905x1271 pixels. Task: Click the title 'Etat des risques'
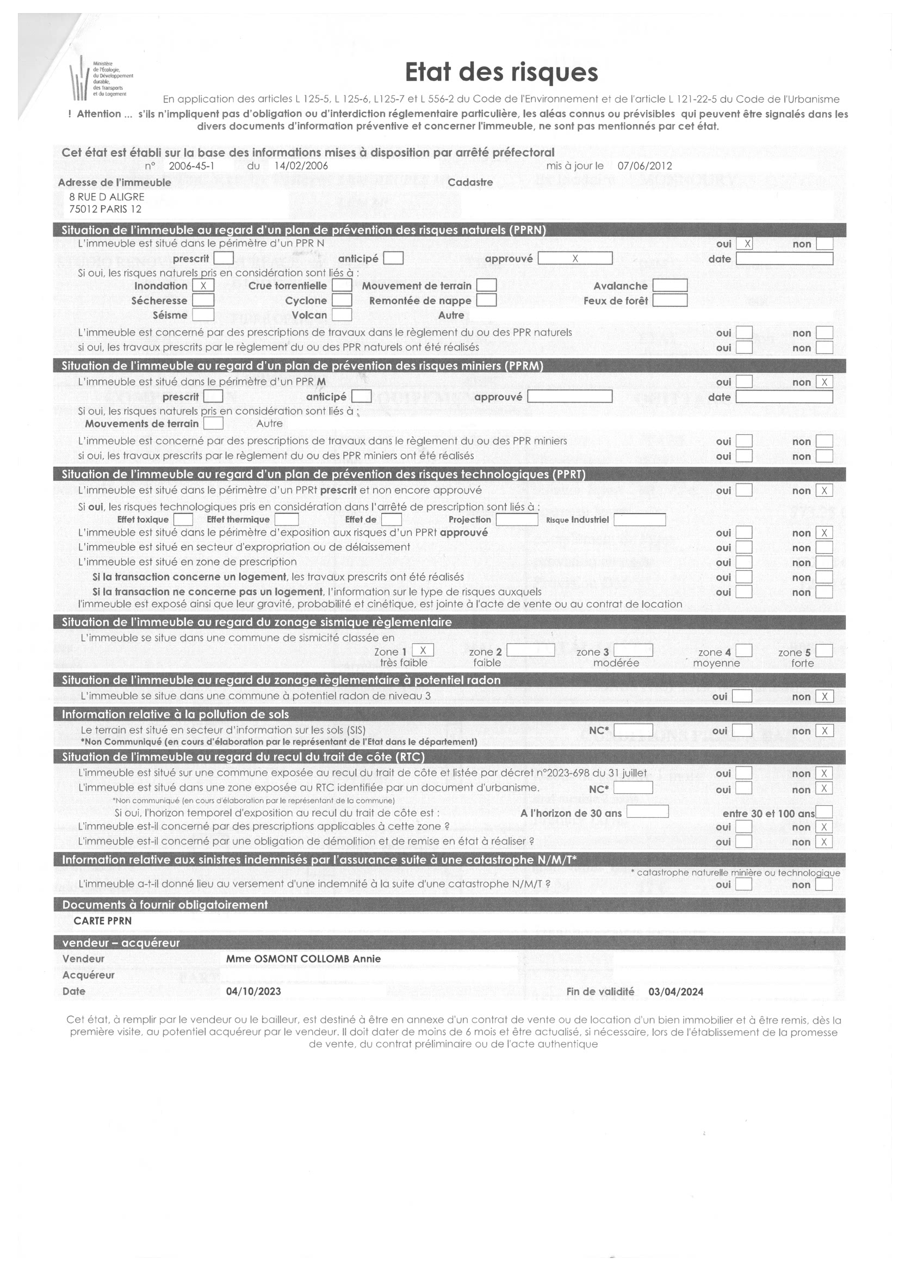[x=501, y=72]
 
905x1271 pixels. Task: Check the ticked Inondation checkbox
[x=203, y=286]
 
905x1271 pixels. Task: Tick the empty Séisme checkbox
[x=203, y=315]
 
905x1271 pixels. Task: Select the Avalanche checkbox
[x=670, y=286]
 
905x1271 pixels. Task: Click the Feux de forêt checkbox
[x=670, y=300]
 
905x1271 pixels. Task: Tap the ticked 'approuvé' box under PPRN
[x=574, y=258]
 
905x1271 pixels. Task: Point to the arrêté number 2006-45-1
[x=191, y=166]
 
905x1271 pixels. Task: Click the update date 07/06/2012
[x=644, y=166]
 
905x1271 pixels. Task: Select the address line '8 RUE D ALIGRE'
[x=107, y=197]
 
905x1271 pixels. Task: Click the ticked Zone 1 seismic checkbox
[x=423, y=651]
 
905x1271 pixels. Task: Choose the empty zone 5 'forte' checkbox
[x=823, y=651]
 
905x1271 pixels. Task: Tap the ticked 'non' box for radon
[x=824, y=696]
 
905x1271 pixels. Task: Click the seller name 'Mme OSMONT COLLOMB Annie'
[x=303, y=959]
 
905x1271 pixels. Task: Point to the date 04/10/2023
[x=253, y=991]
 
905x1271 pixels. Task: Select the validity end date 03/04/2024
[x=675, y=992]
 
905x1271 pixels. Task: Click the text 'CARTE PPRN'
[x=103, y=921]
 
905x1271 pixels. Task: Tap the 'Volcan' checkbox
[x=342, y=315]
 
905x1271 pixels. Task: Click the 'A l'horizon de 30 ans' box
[x=647, y=812]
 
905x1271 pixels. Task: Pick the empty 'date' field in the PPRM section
[x=784, y=397]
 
